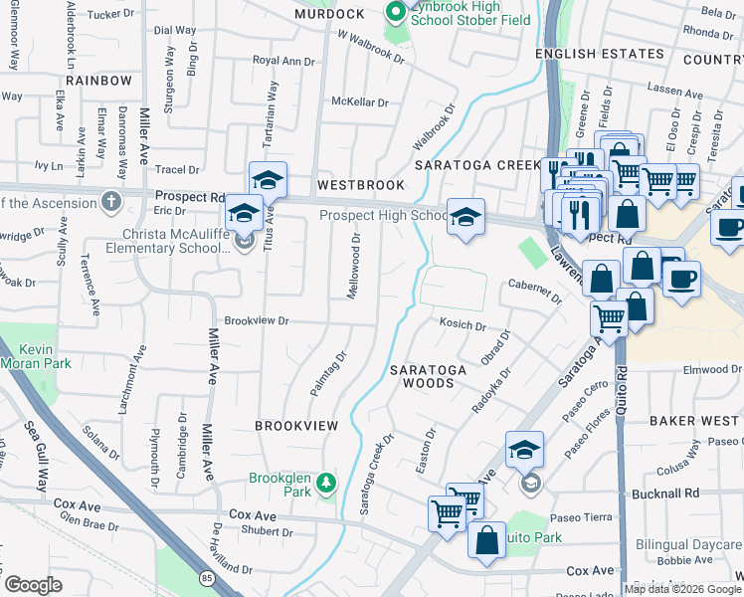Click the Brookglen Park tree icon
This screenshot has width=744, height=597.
(324, 485)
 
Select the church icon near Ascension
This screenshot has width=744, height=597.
(111, 202)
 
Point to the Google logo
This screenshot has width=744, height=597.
(33, 585)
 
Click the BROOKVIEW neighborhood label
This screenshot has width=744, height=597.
(296, 425)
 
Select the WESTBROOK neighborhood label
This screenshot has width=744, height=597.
(361, 185)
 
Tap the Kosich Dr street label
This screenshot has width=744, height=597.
(463, 325)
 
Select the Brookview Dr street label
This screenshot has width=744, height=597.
(256, 320)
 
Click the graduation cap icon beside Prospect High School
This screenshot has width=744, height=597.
(465, 216)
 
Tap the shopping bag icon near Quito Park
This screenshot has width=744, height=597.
(487, 542)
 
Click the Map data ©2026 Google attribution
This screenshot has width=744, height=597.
(682, 589)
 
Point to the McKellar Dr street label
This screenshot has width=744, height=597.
(359, 101)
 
